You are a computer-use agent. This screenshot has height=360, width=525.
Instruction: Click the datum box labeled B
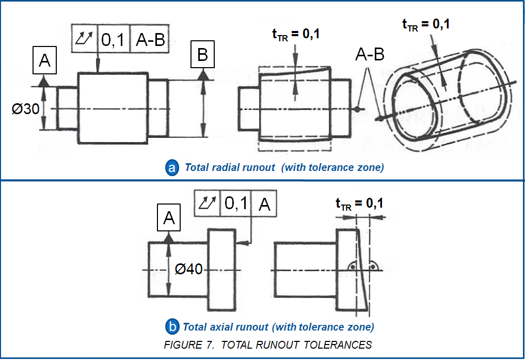[203, 55]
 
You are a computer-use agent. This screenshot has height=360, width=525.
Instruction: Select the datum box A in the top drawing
[45, 61]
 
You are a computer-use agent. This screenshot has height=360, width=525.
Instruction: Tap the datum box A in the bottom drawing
[169, 219]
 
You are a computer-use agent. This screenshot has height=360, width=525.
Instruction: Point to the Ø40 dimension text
[188, 269]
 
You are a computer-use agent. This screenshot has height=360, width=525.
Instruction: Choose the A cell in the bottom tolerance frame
[264, 204]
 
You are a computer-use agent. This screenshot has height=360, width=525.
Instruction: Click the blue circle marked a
[172, 167]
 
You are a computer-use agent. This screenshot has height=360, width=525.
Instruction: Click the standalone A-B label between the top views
[370, 55]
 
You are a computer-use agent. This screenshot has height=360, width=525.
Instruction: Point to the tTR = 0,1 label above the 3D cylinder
[425, 24]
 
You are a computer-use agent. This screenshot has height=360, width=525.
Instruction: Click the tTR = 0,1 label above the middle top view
[296, 34]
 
